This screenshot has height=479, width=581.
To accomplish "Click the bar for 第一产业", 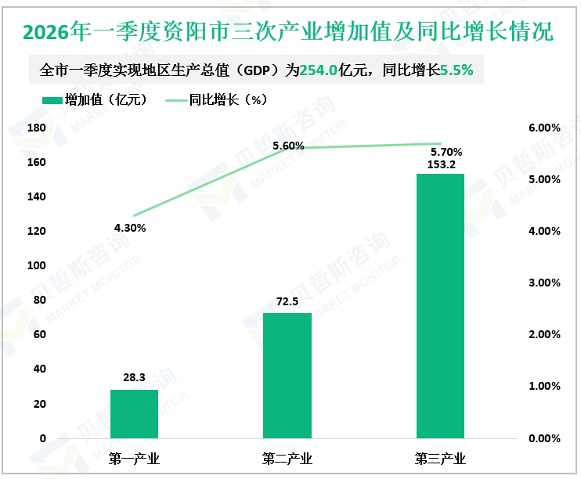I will pos(134,414).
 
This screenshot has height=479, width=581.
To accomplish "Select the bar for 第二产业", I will pos(287,376).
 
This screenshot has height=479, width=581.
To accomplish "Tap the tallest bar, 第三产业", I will pos(440,306).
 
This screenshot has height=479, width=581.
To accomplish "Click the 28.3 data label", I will pos(134,377).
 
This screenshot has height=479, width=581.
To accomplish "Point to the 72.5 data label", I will pos(287,301).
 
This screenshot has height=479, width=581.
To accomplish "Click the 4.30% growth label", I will pos(130,228).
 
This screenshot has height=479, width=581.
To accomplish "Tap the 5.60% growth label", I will pos(288,146).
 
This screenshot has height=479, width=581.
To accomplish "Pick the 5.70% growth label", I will pos(447,152).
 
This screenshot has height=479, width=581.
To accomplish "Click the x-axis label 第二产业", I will pos(287,458).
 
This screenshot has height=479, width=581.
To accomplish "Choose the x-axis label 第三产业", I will pos(440,458).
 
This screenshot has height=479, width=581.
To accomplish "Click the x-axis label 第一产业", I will pos(134,458).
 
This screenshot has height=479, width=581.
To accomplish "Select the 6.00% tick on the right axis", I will pos(544,128).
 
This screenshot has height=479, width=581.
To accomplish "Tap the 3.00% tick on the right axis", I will pos(544,283).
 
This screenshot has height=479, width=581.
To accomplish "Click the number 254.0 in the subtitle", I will pos(319,70).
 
